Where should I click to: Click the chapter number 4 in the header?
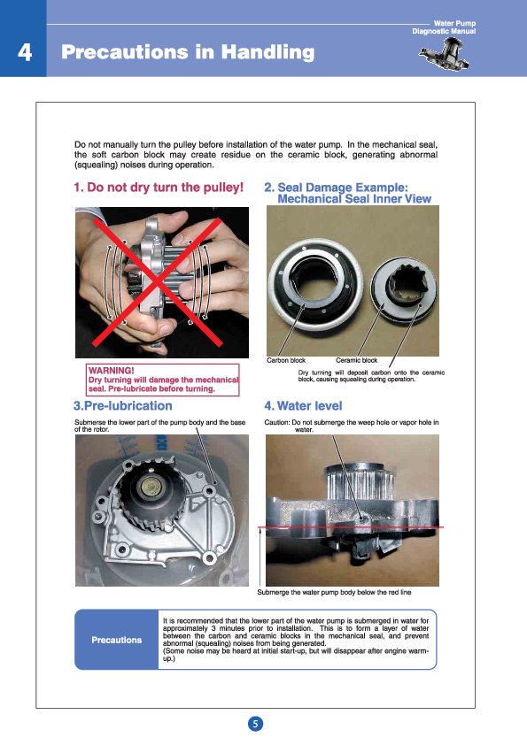pyautogui.click(x=25, y=52)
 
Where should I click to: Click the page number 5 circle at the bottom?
pyautogui.click(x=255, y=724)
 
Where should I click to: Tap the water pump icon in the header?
pyautogui.click(x=445, y=54)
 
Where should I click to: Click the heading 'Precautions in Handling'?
pyautogui.click(x=188, y=52)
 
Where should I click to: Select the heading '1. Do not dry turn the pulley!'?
pyautogui.click(x=159, y=188)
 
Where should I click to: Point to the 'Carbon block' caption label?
pyautogui.click(x=286, y=360)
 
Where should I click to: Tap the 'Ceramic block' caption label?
pyautogui.click(x=356, y=360)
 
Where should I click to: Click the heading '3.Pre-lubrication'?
pyautogui.click(x=123, y=406)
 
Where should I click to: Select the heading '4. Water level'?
pyautogui.click(x=303, y=406)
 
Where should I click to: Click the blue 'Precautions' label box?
pyautogui.click(x=117, y=640)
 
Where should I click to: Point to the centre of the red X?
pyautogui.click(x=158, y=282)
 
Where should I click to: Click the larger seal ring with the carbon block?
pyautogui.click(x=314, y=284)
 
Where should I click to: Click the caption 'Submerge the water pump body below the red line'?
pyautogui.click(x=334, y=592)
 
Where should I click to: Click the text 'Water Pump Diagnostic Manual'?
pyautogui.click(x=444, y=27)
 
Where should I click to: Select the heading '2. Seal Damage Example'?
pyautogui.click(x=343, y=188)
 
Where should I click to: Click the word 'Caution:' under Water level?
pyautogui.click(x=276, y=422)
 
